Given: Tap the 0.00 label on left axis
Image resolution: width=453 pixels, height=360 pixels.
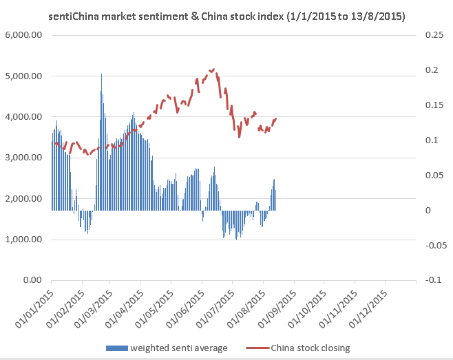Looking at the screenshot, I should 32,280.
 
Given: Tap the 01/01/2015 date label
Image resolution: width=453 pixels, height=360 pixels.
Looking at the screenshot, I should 34,305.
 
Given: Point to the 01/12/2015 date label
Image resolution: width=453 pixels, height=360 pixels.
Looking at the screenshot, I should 369,305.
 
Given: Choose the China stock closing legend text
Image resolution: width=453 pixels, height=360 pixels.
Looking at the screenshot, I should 310,348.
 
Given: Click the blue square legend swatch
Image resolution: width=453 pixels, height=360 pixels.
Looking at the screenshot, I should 110,348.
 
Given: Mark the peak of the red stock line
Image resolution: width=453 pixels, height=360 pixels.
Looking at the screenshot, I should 213,70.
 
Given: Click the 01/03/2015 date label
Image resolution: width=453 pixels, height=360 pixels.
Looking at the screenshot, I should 95,305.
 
